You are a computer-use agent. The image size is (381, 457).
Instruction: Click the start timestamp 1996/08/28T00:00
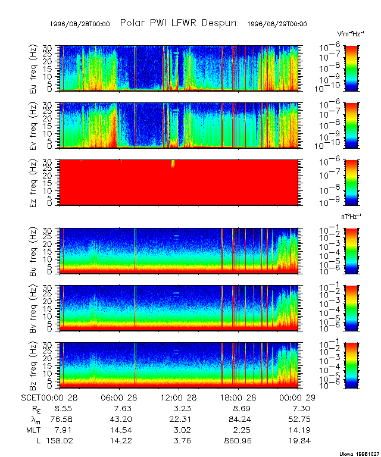tap(80, 24)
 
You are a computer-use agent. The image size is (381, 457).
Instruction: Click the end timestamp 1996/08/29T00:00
tap(277, 24)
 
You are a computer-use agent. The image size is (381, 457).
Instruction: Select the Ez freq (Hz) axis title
tap(33, 182)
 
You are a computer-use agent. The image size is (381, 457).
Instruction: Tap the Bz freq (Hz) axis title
tap(33, 365)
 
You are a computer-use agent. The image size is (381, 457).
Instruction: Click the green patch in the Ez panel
tap(173, 164)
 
